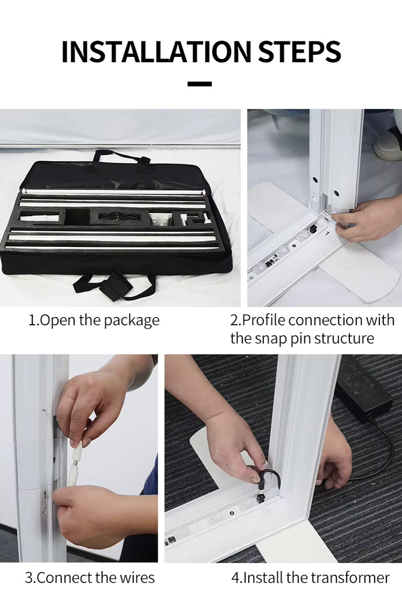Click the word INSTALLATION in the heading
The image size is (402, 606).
click(x=156, y=52)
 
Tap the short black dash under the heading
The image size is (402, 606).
click(x=200, y=84)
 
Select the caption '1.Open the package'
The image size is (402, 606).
click(x=94, y=320)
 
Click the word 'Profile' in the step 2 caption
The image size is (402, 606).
click(x=265, y=320)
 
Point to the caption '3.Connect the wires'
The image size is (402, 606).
click(x=90, y=578)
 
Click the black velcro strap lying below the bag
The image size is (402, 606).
click(x=114, y=284)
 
